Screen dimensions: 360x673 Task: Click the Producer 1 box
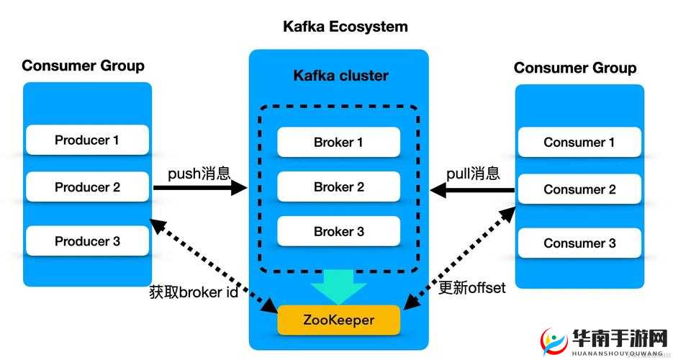87,140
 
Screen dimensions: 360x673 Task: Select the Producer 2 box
87,187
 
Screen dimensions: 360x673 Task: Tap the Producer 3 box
87,241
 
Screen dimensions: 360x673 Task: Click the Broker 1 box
338,143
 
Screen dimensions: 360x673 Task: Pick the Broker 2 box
338,187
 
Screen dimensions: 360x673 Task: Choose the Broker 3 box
338,232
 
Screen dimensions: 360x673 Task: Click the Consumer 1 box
579,143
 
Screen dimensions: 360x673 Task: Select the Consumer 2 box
579,189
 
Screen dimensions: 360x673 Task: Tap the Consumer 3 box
579,243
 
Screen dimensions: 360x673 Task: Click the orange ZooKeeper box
338,320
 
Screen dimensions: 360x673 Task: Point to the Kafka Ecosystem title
345,27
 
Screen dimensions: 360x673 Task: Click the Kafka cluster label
340,76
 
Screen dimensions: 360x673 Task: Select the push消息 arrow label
199,174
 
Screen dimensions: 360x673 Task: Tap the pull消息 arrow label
473,174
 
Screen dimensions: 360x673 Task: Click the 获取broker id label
193,292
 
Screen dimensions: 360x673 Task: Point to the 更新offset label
472,288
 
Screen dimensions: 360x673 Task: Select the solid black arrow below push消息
200,189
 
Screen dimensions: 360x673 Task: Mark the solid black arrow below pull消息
472,190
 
